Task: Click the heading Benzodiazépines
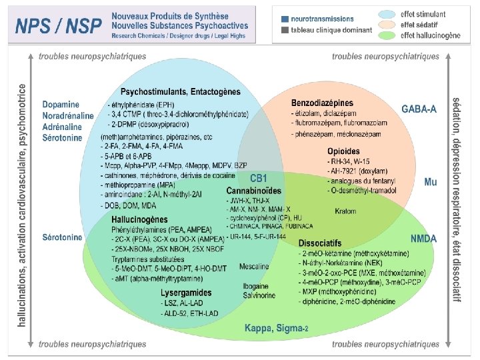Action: (x=322, y=103)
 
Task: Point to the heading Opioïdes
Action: (x=343, y=152)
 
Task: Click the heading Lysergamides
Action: (x=187, y=293)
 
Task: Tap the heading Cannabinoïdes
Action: (x=253, y=191)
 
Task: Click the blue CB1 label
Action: (x=259, y=179)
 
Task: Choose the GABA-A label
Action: (x=419, y=109)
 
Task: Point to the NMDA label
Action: (x=424, y=237)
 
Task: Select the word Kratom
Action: (x=345, y=211)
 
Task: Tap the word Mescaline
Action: (x=253, y=267)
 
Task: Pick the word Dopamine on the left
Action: (x=61, y=105)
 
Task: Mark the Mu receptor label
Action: (x=431, y=181)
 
